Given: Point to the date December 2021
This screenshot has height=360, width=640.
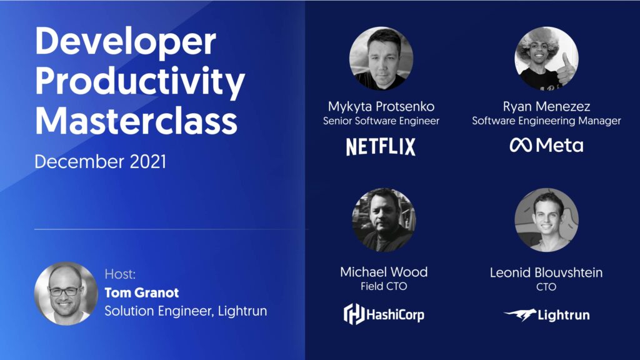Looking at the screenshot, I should (x=100, y=162).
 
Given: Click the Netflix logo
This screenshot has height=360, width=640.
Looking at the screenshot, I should (x=381, y=147).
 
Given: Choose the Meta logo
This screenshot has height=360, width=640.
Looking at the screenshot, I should (x=546, y=146).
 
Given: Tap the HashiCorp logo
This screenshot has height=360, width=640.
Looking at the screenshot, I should (x=384, y=314).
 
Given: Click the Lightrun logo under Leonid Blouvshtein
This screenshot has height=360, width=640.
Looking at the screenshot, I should (x=546, y=315).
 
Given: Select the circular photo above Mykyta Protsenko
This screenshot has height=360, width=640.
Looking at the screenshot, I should (x=381, y=58).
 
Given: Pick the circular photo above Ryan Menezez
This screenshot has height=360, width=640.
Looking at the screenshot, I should (x=546, y=58).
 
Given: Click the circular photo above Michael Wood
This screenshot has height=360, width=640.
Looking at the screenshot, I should (x=383, y=220).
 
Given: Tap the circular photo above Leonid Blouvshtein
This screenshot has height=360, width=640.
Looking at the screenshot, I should (x=546, y=220).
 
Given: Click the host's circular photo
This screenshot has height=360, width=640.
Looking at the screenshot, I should (x=66, y=293).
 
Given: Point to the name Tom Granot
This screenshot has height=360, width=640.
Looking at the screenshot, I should (x=142, y=292).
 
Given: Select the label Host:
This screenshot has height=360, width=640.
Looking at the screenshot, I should (x=120, y=274).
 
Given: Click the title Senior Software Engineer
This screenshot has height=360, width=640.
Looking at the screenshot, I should (x=381, y=121).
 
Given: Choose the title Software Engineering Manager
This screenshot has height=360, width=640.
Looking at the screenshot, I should (x=546, y=121).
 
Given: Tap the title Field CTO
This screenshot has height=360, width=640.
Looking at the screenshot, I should (x=383, y=287).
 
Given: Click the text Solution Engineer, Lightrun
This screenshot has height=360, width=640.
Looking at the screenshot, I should (x=186, y=311).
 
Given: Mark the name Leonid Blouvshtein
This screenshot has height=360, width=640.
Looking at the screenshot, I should (x=546, y=272).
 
